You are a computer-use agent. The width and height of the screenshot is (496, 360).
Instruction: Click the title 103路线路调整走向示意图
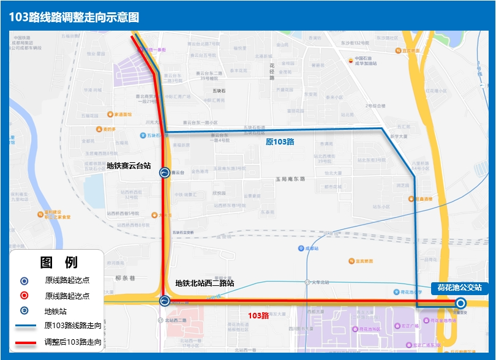[74, 17]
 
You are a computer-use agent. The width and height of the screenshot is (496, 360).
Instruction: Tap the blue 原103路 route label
[280, 142]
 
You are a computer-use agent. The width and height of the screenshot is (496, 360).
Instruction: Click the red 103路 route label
[258, 316]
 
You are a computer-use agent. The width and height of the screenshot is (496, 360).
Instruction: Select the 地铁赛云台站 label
[129, 165]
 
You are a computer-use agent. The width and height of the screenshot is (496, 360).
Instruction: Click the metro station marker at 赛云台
[165, 173]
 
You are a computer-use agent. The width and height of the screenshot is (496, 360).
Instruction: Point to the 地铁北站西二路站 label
[205, 283]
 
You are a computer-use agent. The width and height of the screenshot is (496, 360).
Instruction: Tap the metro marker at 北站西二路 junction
[165, 301]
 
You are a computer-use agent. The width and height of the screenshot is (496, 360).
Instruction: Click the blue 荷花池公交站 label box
[460, 287]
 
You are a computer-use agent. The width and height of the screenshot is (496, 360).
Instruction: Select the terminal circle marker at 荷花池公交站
[460, 303]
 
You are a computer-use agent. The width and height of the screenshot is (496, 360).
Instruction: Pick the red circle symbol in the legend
[24, 296]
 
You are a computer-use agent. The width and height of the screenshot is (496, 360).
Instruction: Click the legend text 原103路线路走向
[73, 325]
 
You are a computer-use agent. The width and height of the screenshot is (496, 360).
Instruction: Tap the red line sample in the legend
[26, 341]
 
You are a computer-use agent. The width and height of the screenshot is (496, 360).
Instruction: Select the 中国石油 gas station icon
[351, 60]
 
